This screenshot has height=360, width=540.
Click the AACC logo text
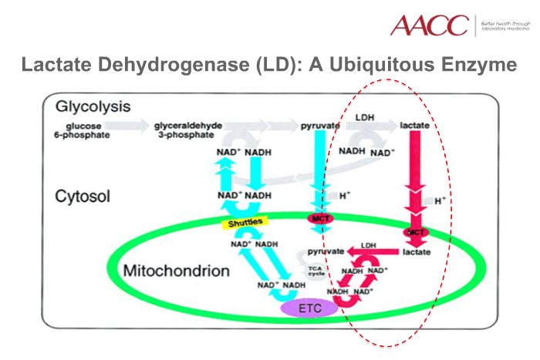point(429,25)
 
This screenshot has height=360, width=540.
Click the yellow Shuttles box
point(244,222)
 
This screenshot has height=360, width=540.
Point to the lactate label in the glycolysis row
point(415,124)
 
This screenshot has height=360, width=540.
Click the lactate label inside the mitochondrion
point(417,252)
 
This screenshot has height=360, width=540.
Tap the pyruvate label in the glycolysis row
point(319,124)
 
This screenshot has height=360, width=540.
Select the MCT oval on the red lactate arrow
point(417,232)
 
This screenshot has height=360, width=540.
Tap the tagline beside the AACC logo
point(506,26)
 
